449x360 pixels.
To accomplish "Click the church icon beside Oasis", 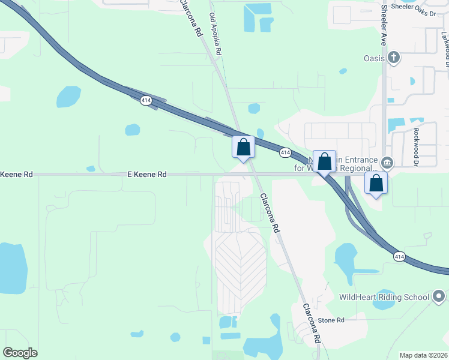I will click(394, 58).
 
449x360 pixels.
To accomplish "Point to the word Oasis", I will click(374, 58).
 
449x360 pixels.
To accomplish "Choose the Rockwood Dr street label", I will click(415, 146).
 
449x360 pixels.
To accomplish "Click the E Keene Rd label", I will click(146, 175).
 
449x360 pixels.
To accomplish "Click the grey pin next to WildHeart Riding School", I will click(439, 296).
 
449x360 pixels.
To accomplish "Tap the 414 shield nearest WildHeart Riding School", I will click(399, 256).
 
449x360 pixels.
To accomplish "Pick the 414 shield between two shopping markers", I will click(285, 153).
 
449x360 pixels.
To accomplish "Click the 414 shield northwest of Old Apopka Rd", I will click(146, 100).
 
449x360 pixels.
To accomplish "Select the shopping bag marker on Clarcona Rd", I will click(243, 147).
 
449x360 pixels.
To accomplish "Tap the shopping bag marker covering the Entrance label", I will click(324, 161).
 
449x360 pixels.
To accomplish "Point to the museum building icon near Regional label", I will click(387, 162).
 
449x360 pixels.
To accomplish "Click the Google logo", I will click(20, 353).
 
